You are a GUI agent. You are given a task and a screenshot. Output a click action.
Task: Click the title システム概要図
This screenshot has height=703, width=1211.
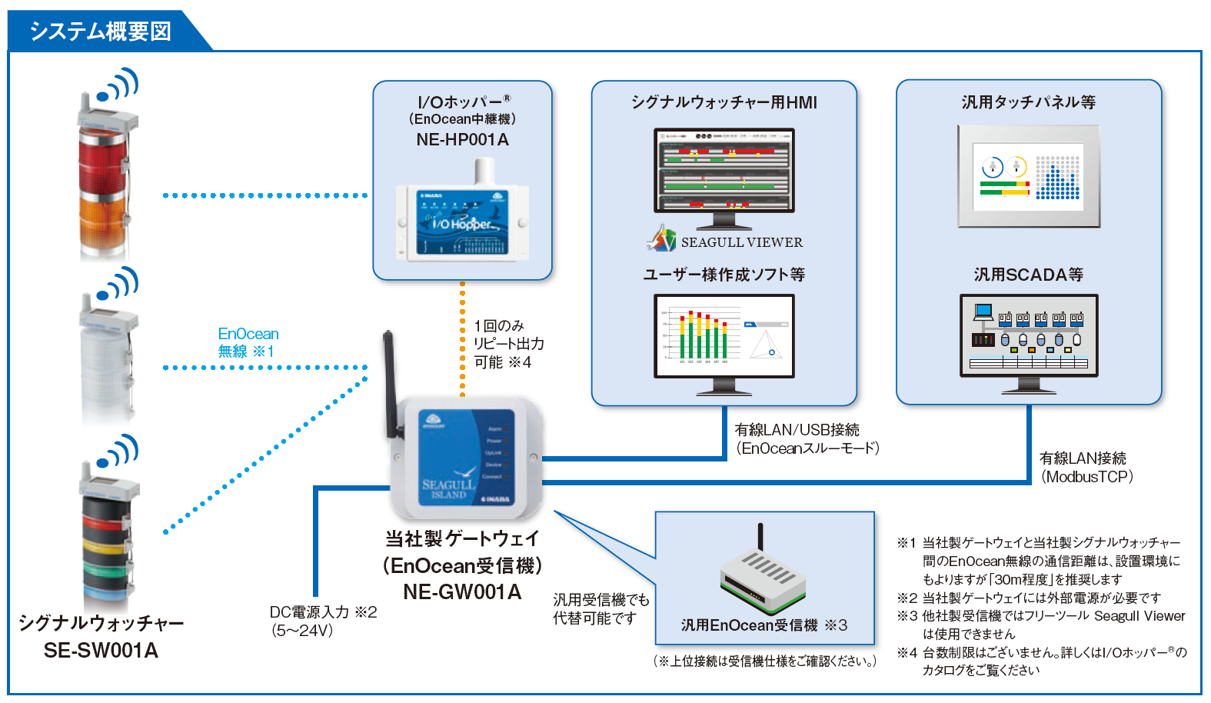pyautogui.click(x=100, y=31)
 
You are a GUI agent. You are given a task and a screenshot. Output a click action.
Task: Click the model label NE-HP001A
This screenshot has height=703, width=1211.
pyautogui.click(x=462, y=140)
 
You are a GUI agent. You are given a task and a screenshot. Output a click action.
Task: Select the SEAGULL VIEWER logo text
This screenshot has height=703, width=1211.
pyautogui.click(x=741, y=242)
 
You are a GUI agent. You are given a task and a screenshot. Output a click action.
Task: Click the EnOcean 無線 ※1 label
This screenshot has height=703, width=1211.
pyautogui.click(x=248, y=342)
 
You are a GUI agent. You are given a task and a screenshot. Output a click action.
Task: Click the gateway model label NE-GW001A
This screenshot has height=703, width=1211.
pyautogui.click(x=462, y=592)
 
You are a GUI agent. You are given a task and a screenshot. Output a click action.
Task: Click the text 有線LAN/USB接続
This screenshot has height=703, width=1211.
pyautogui.click(x=797, y=430)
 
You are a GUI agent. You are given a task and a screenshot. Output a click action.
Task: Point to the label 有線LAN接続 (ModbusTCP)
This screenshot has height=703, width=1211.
pyautogui.click(x=1085, y=467)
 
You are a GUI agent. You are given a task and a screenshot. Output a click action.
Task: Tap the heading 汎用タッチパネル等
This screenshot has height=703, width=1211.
pyautogui.click(x=1028, y=102)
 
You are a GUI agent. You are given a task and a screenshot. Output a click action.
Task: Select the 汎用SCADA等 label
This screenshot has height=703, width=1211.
pyautogui.click(x=1028, y=275)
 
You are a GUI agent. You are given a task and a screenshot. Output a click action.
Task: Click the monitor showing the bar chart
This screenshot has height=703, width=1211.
pyautogui.click(x=724, y=338)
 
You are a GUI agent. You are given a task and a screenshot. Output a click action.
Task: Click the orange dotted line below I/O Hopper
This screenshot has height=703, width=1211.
pyautogui.click(x=462, y=338)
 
